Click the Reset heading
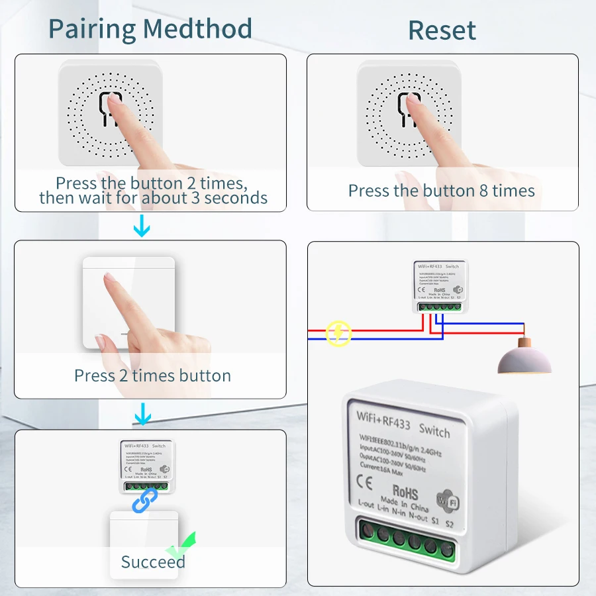[x=442, y=30]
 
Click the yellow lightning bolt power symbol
[x=338, y=334]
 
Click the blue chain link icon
[x=144, y=500]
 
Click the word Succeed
[x=152, y=562]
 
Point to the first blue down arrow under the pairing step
[x=142, y=228]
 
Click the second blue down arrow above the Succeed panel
[x=142, y=415]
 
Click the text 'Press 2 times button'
[x=152, y=376]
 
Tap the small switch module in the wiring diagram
[x=437, y=285]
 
